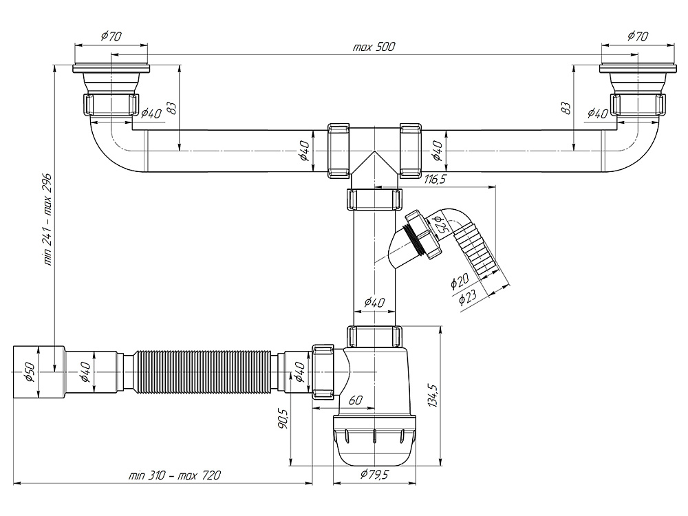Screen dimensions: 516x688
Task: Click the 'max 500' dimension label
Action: (x=374, y=47)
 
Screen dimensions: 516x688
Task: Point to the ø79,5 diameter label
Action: (x=374, y=475)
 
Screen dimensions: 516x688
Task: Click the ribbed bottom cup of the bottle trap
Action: (x=374, y=440)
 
